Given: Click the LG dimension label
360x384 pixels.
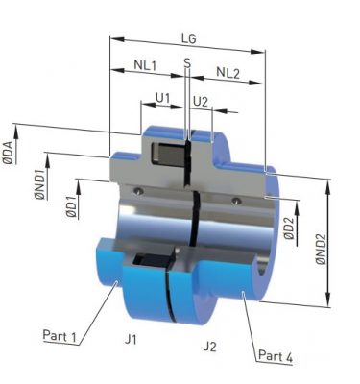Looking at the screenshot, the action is [188, 38].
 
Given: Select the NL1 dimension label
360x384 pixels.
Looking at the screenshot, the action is [145, 65].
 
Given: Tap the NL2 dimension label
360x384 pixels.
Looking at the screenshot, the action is [228, 73].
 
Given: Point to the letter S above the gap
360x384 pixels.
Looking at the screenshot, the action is [187, 63].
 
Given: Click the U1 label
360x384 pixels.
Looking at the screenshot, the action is [162, 98].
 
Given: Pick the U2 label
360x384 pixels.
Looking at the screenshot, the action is [201, 102].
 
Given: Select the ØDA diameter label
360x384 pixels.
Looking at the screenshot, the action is [9, 153].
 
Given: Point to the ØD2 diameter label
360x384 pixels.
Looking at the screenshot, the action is [289, 228].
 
